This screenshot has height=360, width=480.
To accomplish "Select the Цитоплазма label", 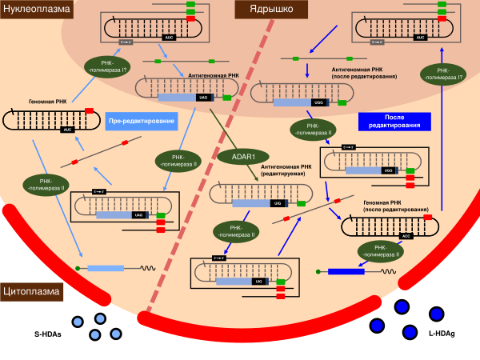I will point(32,292).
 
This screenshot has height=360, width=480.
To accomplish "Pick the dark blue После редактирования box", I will point(394,121).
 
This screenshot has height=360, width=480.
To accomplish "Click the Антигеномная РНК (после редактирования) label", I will point(365,73).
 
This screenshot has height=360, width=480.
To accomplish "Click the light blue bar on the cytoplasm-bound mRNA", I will point(106,268).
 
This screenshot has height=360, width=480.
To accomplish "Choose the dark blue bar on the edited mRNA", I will point(346,271).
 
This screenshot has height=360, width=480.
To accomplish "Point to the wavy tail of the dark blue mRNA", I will point(386,271).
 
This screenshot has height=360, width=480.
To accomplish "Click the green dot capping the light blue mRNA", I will point(78,268).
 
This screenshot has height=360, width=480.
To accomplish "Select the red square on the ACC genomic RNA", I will point(427,217).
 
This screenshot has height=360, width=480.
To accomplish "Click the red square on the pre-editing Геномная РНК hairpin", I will point(89,110).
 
